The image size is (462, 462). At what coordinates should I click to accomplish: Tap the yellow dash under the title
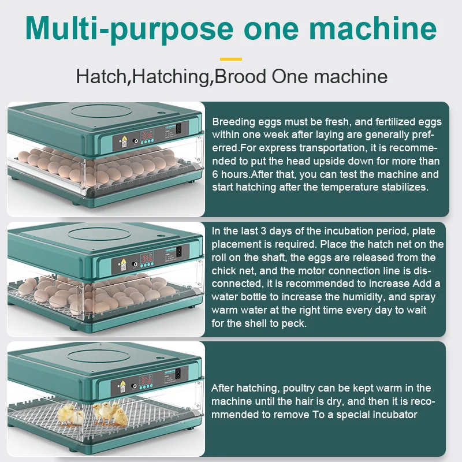(x=231, y=58)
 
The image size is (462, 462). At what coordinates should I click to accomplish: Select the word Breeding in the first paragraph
(x=233, y=122)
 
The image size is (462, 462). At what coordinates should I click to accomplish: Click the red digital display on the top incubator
(x=147, y=135)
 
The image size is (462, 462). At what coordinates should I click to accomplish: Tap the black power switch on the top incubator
(x=179, y=130)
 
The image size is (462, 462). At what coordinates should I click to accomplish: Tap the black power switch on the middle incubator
(x=179, y=252)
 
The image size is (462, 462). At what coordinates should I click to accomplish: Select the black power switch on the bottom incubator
(x=179, y=375)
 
